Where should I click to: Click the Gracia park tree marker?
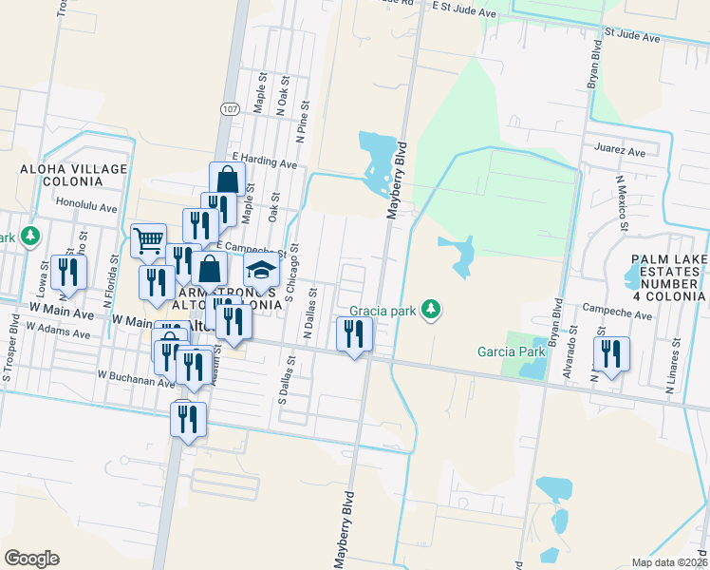[x=432, y=310]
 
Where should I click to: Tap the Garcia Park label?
[x=512, y=351]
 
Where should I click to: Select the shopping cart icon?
[x=148, y=240]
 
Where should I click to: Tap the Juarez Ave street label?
[x=619, y=151]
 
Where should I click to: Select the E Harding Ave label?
[x=264, y=160]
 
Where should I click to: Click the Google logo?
[x=31, y=559]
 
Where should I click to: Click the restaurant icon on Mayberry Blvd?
[x=355, y=333]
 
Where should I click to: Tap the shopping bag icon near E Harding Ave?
[x=228, y=178]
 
